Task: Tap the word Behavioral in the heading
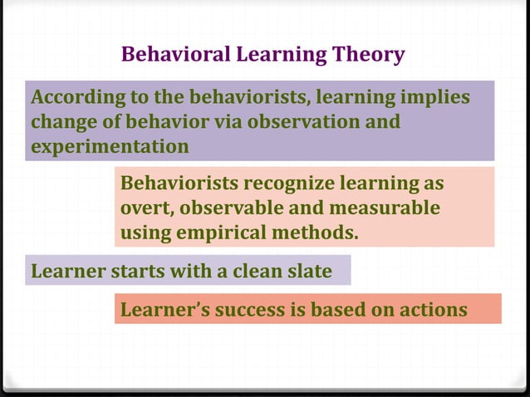(165, 56)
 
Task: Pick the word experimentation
(109, 147)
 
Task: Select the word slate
(307, 271)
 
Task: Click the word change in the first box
(60, 122)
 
